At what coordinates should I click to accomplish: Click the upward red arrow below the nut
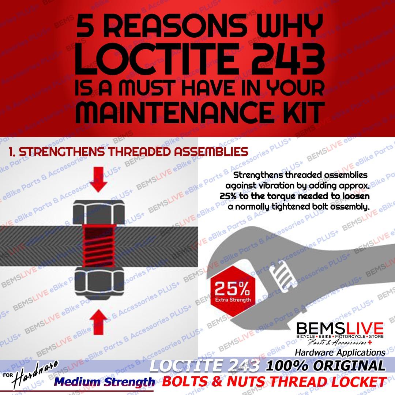tap(99, 320)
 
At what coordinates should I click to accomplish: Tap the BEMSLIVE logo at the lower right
tap(340, 328)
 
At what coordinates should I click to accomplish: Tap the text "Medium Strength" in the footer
tap(105, 382)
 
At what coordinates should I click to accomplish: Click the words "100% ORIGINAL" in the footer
tap(326, 366)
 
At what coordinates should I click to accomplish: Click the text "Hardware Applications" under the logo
tap(340, 353)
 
